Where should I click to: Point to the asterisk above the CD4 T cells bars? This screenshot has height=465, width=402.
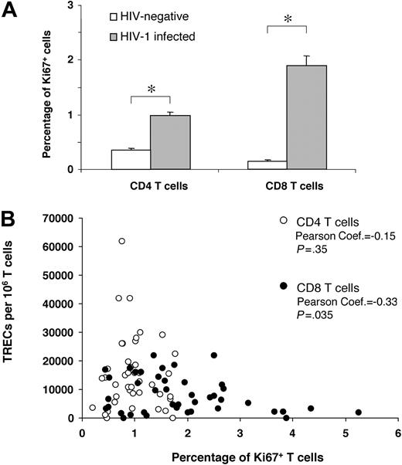(150, 90)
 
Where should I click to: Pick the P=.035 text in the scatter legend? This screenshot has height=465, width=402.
(315, 315)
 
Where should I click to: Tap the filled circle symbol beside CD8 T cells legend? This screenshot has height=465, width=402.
(283, 287)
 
